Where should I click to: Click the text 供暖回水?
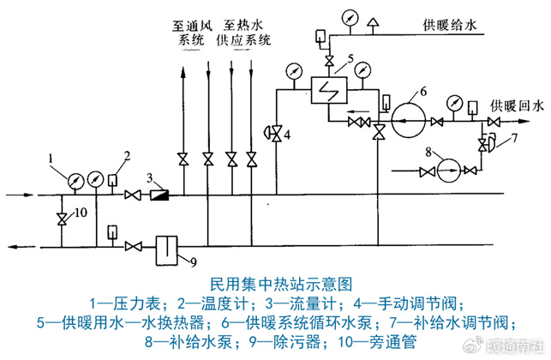[x=517, y=105]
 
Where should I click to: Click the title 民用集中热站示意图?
[x=275, y=282]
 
